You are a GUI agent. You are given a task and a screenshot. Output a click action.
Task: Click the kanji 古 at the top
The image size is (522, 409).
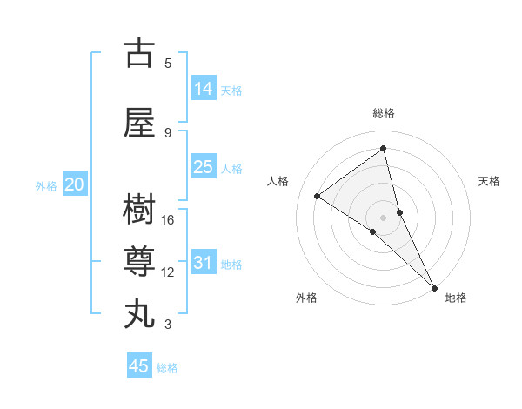point(138,53)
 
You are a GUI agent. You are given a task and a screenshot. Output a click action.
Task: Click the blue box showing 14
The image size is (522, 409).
point(204,89)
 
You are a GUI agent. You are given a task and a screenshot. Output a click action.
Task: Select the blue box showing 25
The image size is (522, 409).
point(204,167)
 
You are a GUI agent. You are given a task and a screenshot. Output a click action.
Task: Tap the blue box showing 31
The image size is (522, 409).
point(204,263)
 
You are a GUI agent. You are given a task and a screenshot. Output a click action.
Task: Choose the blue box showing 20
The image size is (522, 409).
point(75,184)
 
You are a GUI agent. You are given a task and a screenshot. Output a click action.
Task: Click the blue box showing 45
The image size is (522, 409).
point(139,366)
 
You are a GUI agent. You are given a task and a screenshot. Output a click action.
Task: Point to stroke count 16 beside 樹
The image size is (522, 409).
point(169,220)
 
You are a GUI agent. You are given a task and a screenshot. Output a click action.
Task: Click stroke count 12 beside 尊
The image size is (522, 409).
point(169,272)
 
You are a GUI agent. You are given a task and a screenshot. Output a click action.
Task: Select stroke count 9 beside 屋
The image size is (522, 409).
point(168,133)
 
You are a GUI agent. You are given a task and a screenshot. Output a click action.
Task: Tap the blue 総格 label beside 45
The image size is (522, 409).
point(167,368)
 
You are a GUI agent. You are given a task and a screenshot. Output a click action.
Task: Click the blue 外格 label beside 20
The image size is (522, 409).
point(46,186)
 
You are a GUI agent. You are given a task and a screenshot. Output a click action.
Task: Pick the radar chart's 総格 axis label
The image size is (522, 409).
point(384,113)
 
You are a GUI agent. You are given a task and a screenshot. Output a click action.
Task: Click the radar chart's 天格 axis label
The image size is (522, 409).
point(490,181)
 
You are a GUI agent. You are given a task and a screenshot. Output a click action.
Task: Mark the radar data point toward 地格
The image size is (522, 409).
point(434,286)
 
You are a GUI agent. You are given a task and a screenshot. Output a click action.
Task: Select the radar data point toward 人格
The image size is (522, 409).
point(318,196)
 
